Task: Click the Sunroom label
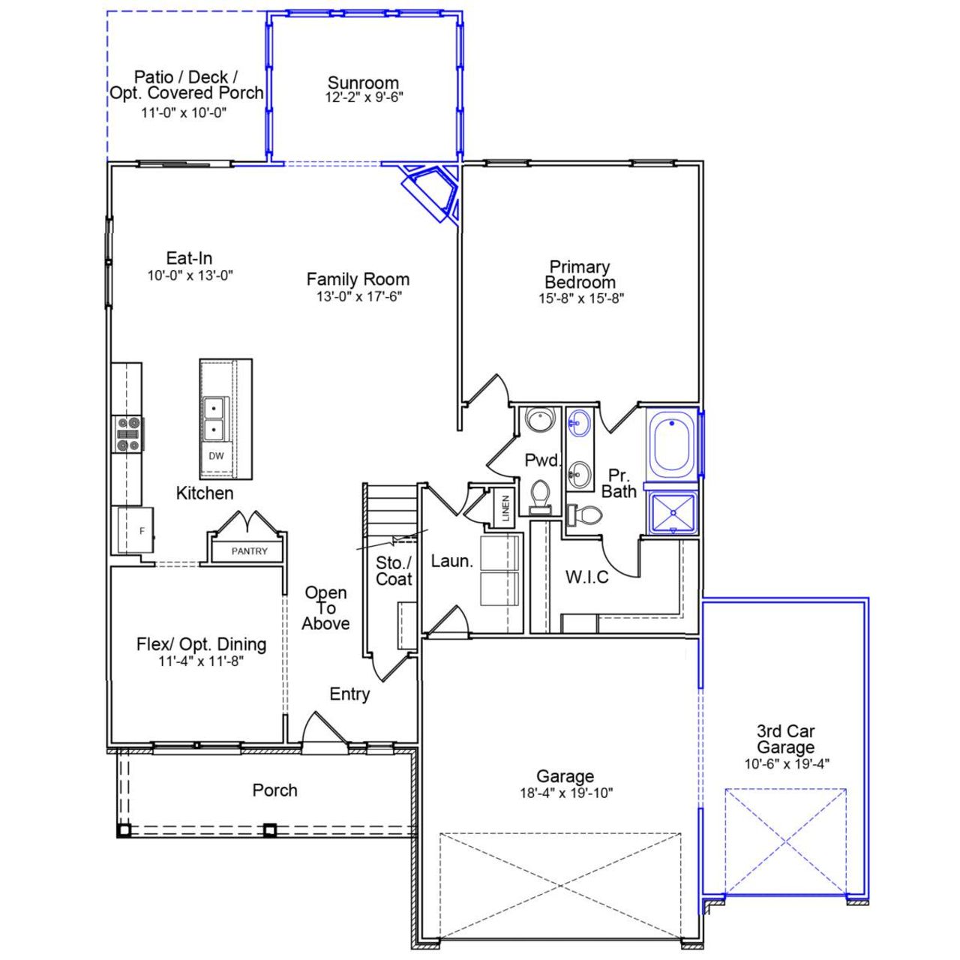pyautogui.click(x=363, y=82)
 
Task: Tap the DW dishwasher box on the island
pyautogui.click(x=216, y=456)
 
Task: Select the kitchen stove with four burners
pyautogui.click(x=127, y=434)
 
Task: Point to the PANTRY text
pyautogui.click(x=249, y=551)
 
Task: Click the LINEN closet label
pyautogui.click(x=505, y=508)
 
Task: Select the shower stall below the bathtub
pyautogui.click(x=673, y=514)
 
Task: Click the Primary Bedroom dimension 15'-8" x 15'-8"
pyautogui.click(x=580, y=298)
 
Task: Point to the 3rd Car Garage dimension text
pyautogui.click(x=785, y=764)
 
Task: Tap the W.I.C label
pyautogui.click(x=587, y=577)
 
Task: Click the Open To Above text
pyautogui.click(x=326, y=608)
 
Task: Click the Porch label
pyautogui.click(x=274, y=790)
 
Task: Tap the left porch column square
pyautogui.click(x=124, y=830)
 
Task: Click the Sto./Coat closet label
pyautogui.click(x=394, y=571)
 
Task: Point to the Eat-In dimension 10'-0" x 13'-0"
pyautogui.click(x=190, y=275)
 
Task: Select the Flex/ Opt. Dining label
pyautogui.click(x=201, y=644)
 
